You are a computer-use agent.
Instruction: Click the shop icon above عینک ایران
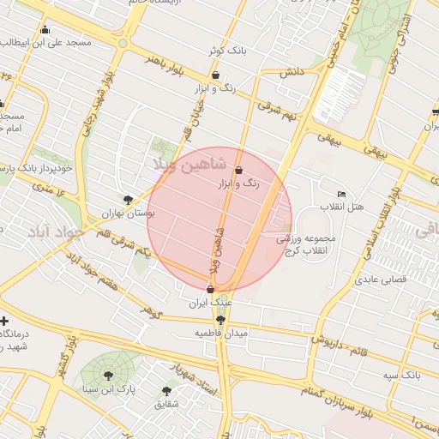coord(210,290)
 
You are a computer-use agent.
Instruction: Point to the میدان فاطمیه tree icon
coord(221,320)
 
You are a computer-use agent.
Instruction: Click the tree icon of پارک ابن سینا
coord(107,376)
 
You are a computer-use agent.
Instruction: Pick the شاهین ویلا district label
coord(190,163)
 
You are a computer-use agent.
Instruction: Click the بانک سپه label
coord(400,376)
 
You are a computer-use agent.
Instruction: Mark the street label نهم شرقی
coord(279,113)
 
